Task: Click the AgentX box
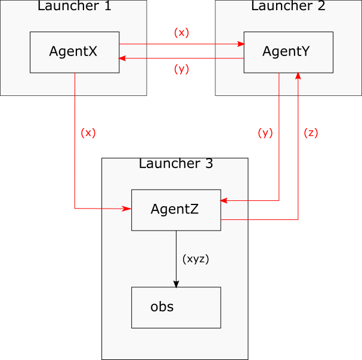click(x=75, y=52)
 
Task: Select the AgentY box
click(x=288, y=52)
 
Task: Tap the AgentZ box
click(x=176, y=210)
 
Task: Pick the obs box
click(x=176, y=308)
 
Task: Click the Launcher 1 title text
click(x=74, y=7)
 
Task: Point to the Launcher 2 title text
click(x=288, y=7)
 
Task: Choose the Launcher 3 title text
click(x=175, y=164)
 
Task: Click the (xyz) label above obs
click(x=196, y=259)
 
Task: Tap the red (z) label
click(x=311, y=133)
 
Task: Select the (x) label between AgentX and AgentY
click(x=181, y=33)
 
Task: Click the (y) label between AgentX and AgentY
click(x=181, y=69)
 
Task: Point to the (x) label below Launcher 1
click(x=88, y=133)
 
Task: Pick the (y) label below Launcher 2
click(x=265, y=133)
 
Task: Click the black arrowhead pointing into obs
click(x=176, y=284)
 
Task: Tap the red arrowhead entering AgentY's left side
click(x=241, y=44)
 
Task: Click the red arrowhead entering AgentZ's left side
click(x=128, y=209)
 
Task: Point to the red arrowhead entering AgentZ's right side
click(x=224, y=201)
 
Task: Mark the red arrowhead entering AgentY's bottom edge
click(x=298, y=76)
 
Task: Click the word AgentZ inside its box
click(x=175, y=209)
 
